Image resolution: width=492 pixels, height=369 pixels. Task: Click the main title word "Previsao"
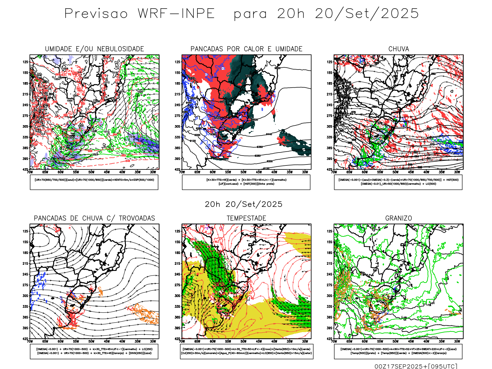(x=96, y=14)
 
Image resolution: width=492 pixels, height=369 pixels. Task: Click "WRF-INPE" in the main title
(x=176, y=14)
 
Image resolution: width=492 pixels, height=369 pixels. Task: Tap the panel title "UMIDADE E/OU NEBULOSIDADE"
(x=94, y=49)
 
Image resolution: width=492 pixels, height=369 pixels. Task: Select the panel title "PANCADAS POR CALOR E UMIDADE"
(x=246, y=49)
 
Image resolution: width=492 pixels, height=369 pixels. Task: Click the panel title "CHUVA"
(x=399, y=49)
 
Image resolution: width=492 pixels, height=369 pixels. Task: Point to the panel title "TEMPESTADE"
(x=246, y=218)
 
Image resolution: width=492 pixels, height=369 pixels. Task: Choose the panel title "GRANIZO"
(x=399, y=218)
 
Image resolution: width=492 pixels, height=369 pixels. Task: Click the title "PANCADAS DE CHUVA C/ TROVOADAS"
(x=94, y=218)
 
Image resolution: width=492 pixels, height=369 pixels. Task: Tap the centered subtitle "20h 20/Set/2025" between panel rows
(x=244, y=204)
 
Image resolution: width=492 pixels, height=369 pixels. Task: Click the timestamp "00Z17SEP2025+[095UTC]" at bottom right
(x=416, y=366)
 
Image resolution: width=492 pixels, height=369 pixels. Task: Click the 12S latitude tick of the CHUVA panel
(x=330, y=62)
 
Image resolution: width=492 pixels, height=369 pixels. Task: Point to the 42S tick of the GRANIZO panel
(x=330, y=339)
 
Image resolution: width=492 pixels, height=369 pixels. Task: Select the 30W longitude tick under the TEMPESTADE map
(x=305, y=341)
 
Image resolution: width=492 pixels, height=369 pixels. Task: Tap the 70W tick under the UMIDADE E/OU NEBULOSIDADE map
(x=30, y=172)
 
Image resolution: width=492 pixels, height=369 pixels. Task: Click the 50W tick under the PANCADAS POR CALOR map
(x=243, y=172)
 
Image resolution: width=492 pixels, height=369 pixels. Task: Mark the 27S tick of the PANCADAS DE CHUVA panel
(x=25, y=285)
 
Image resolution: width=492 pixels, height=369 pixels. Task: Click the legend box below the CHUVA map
(x=398, y=182)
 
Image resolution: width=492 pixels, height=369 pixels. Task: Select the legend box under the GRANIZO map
(x=398, y=351)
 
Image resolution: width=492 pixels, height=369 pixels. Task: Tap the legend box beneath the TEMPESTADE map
(x=246, y=351)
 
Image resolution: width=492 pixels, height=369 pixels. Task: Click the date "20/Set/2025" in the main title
(x=367, y=14)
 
